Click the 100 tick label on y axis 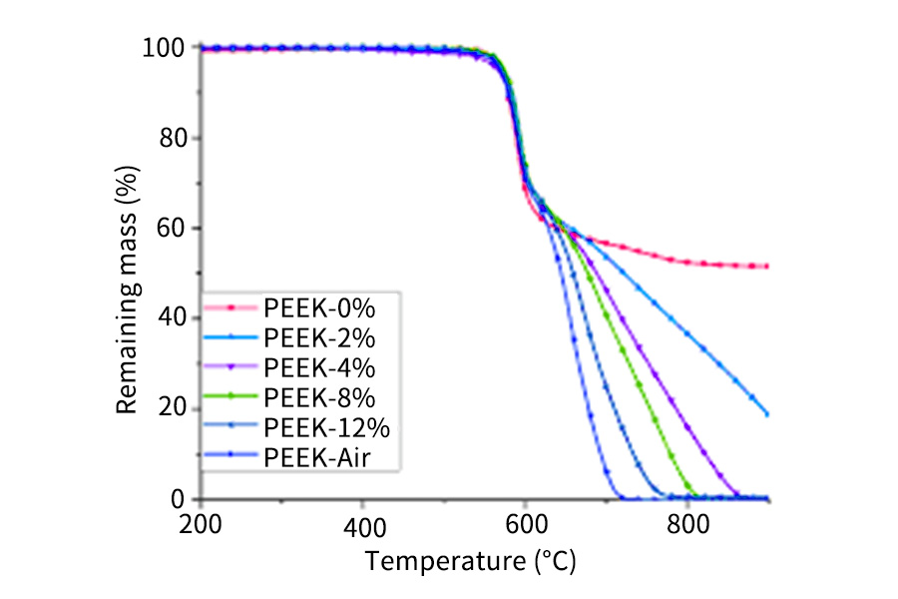(165, 48)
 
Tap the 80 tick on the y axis (172, 138)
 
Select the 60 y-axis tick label (172, 229)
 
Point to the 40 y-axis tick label (172, 318)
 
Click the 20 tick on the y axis (172, 409)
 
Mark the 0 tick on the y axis (179, 499)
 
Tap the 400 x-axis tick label (362, 526)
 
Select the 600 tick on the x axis (525, 526)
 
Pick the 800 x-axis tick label (687, 526)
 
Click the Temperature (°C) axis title (471, 562)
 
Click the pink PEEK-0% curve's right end (766, 267)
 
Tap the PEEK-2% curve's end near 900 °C (766, 413)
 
